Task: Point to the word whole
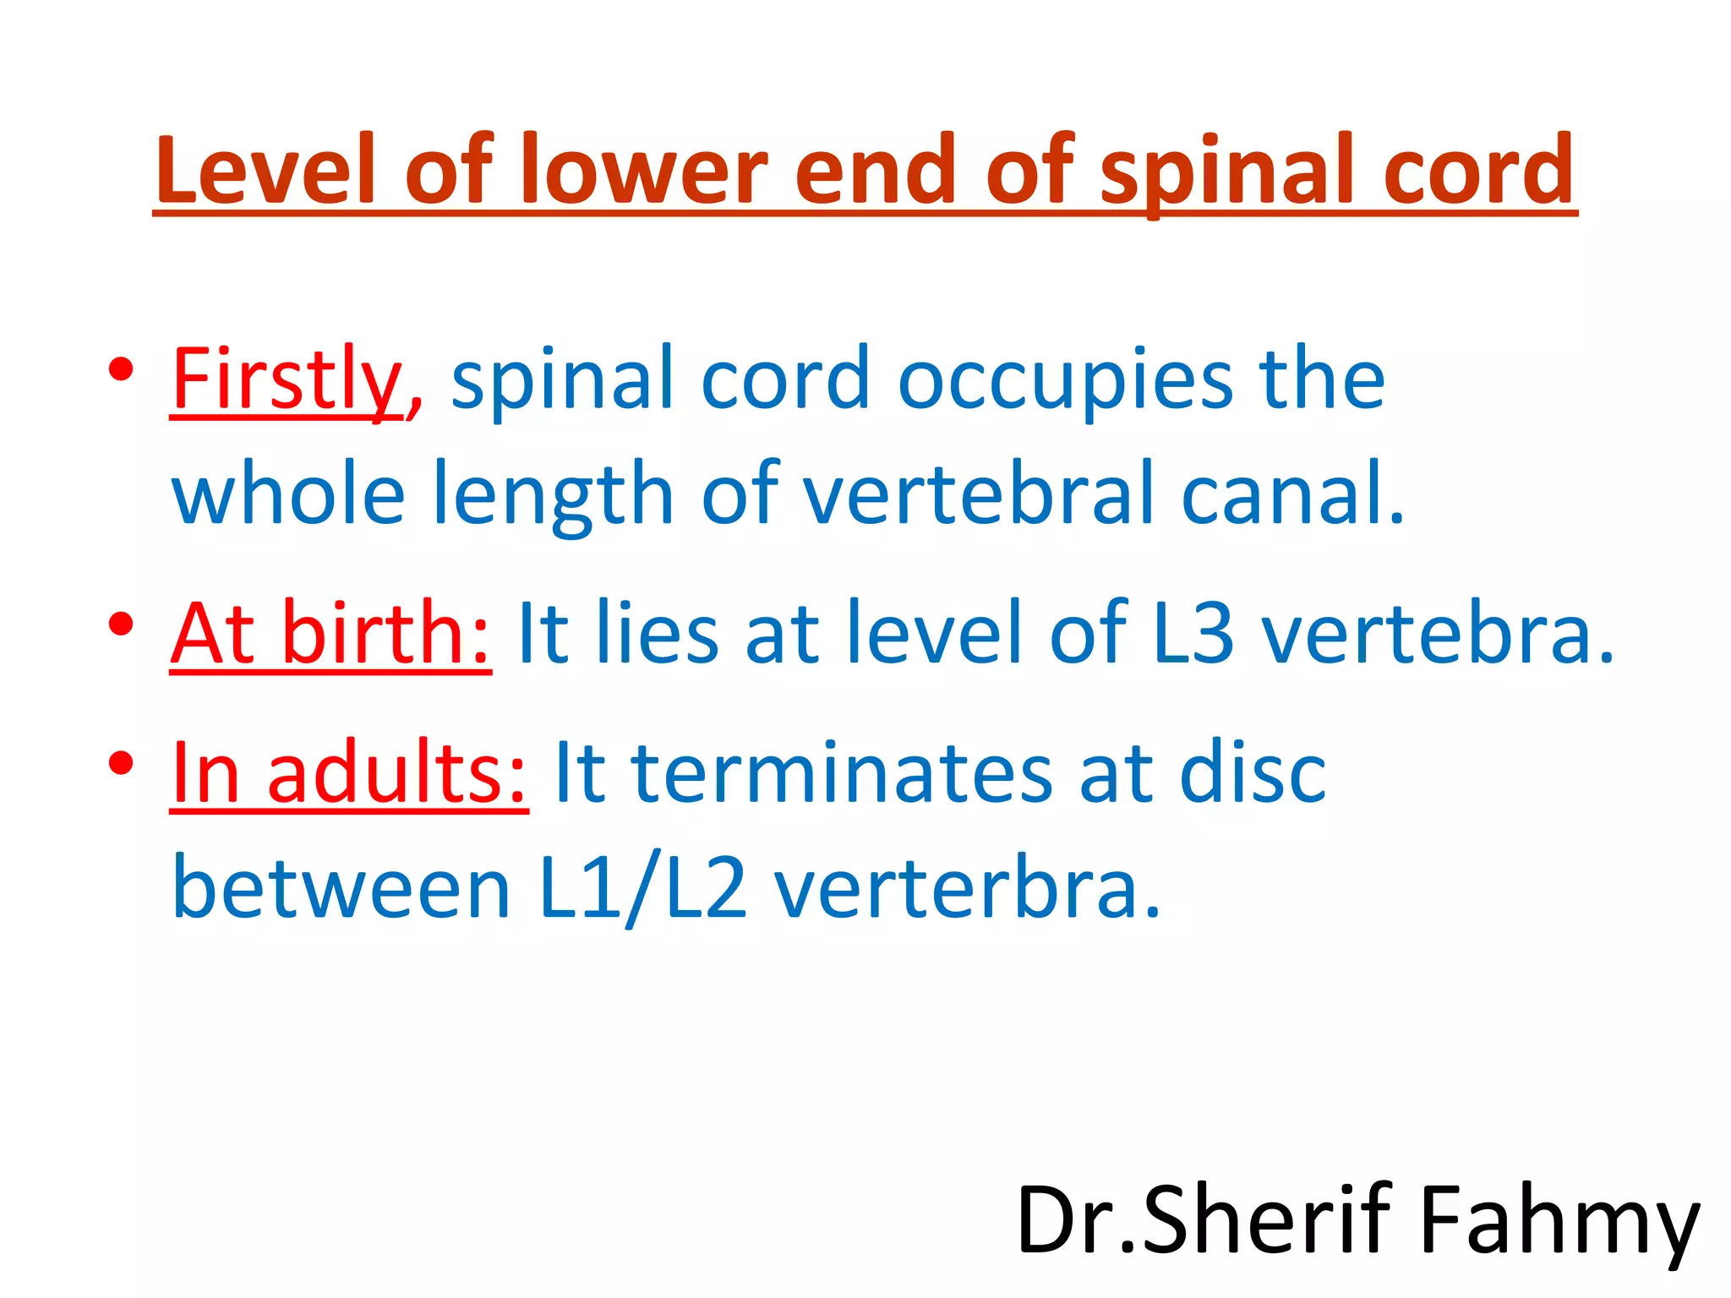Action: [288, 494]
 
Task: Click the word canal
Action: [1291, 494]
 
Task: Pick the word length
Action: [553, 494]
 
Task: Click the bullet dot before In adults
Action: [122, 763]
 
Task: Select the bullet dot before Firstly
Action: [122, 370]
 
